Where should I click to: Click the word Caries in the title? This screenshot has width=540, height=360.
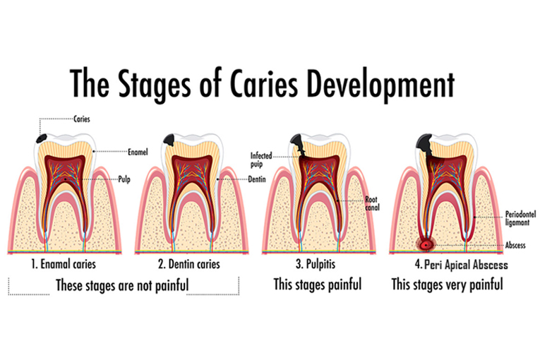click(x=264, y=84)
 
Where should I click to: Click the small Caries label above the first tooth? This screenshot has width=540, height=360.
click(x=82, y=119)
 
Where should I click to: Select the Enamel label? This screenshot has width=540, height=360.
click(x=138, y=152)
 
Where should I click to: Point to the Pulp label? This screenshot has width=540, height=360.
click(x=124, y=179)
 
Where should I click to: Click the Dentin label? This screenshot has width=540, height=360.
click(x=257, y=179)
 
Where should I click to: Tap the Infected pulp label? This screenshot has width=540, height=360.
click(x=261, y=160)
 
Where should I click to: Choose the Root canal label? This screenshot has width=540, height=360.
click(x=372, y=203)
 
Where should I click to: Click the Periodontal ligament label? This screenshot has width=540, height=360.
click(x=520, y=218)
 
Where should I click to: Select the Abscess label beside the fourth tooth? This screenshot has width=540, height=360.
click(x=515, y=245)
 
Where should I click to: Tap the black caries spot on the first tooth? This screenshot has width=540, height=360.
click(x=42, y=138)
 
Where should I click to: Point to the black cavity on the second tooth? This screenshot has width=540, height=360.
click(x=169, y=140)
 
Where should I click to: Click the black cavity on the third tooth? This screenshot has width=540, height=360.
click(x=299, y=145)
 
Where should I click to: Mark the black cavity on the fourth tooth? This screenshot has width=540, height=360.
click(x=425, y=145)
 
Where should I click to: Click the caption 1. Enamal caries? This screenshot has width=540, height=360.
click(x=64, y=264)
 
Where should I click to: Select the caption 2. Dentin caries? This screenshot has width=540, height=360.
click(x=188, y=264)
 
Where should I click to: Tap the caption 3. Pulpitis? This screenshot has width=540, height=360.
click(x=316, y=264)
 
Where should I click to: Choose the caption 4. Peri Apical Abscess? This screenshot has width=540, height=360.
click(x=461, y=265)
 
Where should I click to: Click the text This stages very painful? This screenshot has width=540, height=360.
click(x=447, y=284)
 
